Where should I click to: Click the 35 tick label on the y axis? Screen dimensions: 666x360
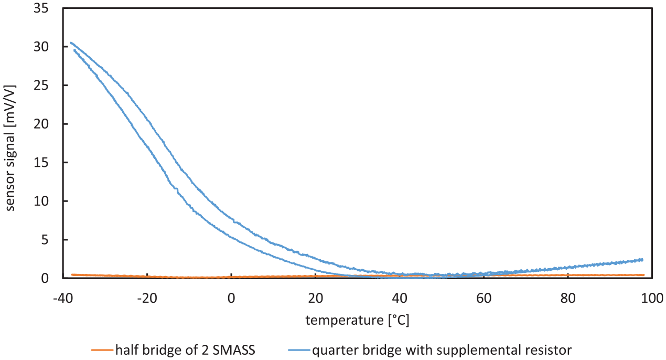coord(41,8)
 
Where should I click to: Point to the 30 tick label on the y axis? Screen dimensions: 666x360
coord(41,47)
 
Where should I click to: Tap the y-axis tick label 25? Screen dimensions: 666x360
coord(41,86)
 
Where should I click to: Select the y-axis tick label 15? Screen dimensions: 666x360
coord(41,163)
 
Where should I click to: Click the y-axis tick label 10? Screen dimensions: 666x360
coord(41,201)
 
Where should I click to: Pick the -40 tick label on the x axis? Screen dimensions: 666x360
coord(63,298)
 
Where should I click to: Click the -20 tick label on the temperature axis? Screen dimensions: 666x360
coord(147,298)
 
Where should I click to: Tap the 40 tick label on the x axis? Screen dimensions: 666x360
coord(400,298)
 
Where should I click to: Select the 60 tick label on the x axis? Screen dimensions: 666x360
coord(484,298)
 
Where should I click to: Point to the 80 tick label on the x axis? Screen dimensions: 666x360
coord(568,298)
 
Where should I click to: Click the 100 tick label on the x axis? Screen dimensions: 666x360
coord(652,298)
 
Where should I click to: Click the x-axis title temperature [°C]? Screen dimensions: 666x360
coord(357,321)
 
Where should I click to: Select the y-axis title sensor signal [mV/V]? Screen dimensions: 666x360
coord(10,148)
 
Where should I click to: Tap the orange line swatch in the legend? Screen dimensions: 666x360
coord(102,350)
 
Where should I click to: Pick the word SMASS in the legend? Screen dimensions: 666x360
coord(234,350)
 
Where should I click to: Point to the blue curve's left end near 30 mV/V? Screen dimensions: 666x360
coord(71,43)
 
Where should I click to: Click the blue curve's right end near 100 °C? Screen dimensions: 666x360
coord(642,260)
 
